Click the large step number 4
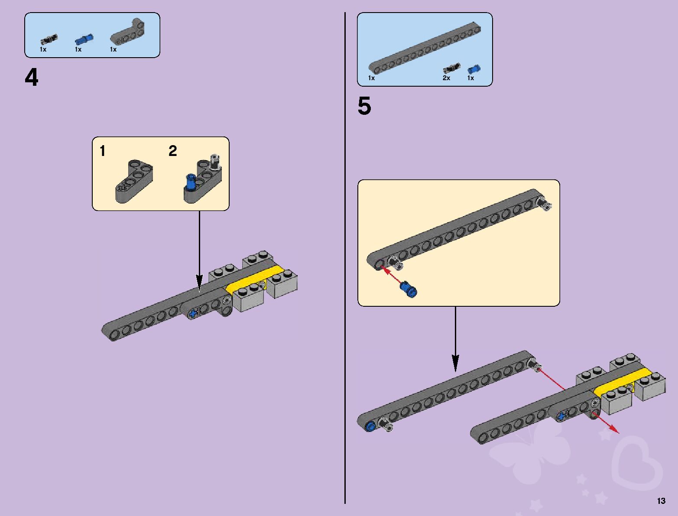coord(32,78)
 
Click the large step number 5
coord(364,106)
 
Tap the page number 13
coord(661,501)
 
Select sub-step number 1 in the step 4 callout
coord(103,151)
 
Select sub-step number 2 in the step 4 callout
coord(172,151)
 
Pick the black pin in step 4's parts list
coord(49,40)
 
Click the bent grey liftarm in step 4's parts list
coord(129,33)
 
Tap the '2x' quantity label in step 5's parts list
coord(446,78)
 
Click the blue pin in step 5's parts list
coord(473,69)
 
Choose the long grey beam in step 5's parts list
coord(425,48)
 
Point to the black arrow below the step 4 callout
coord(199,251)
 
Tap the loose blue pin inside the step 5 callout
coord(409,288)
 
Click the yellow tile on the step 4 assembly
coord(255,282)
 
